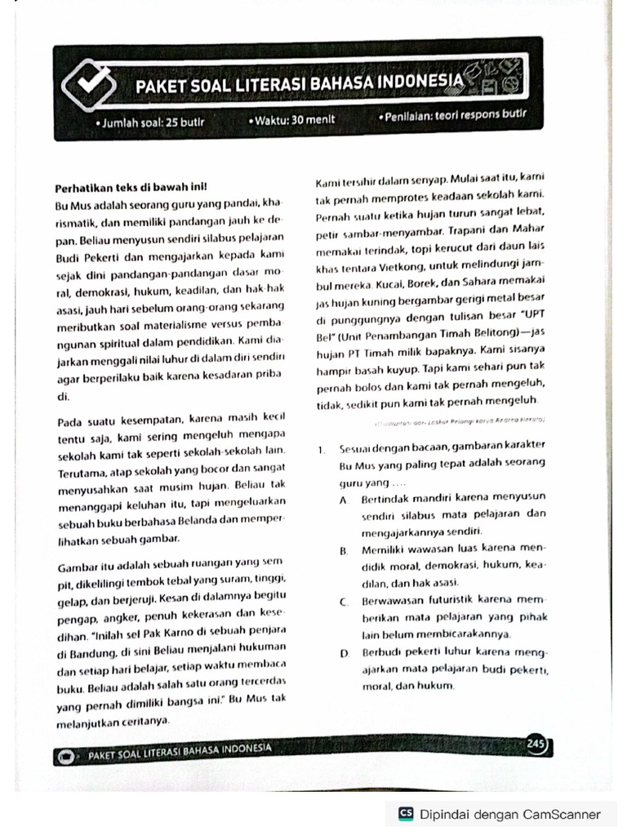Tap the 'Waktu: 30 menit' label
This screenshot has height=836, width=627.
pos(292,119)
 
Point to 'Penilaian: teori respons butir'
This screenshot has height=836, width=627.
pos(450,115)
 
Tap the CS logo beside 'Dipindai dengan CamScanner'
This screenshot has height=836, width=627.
pos(406,814)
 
